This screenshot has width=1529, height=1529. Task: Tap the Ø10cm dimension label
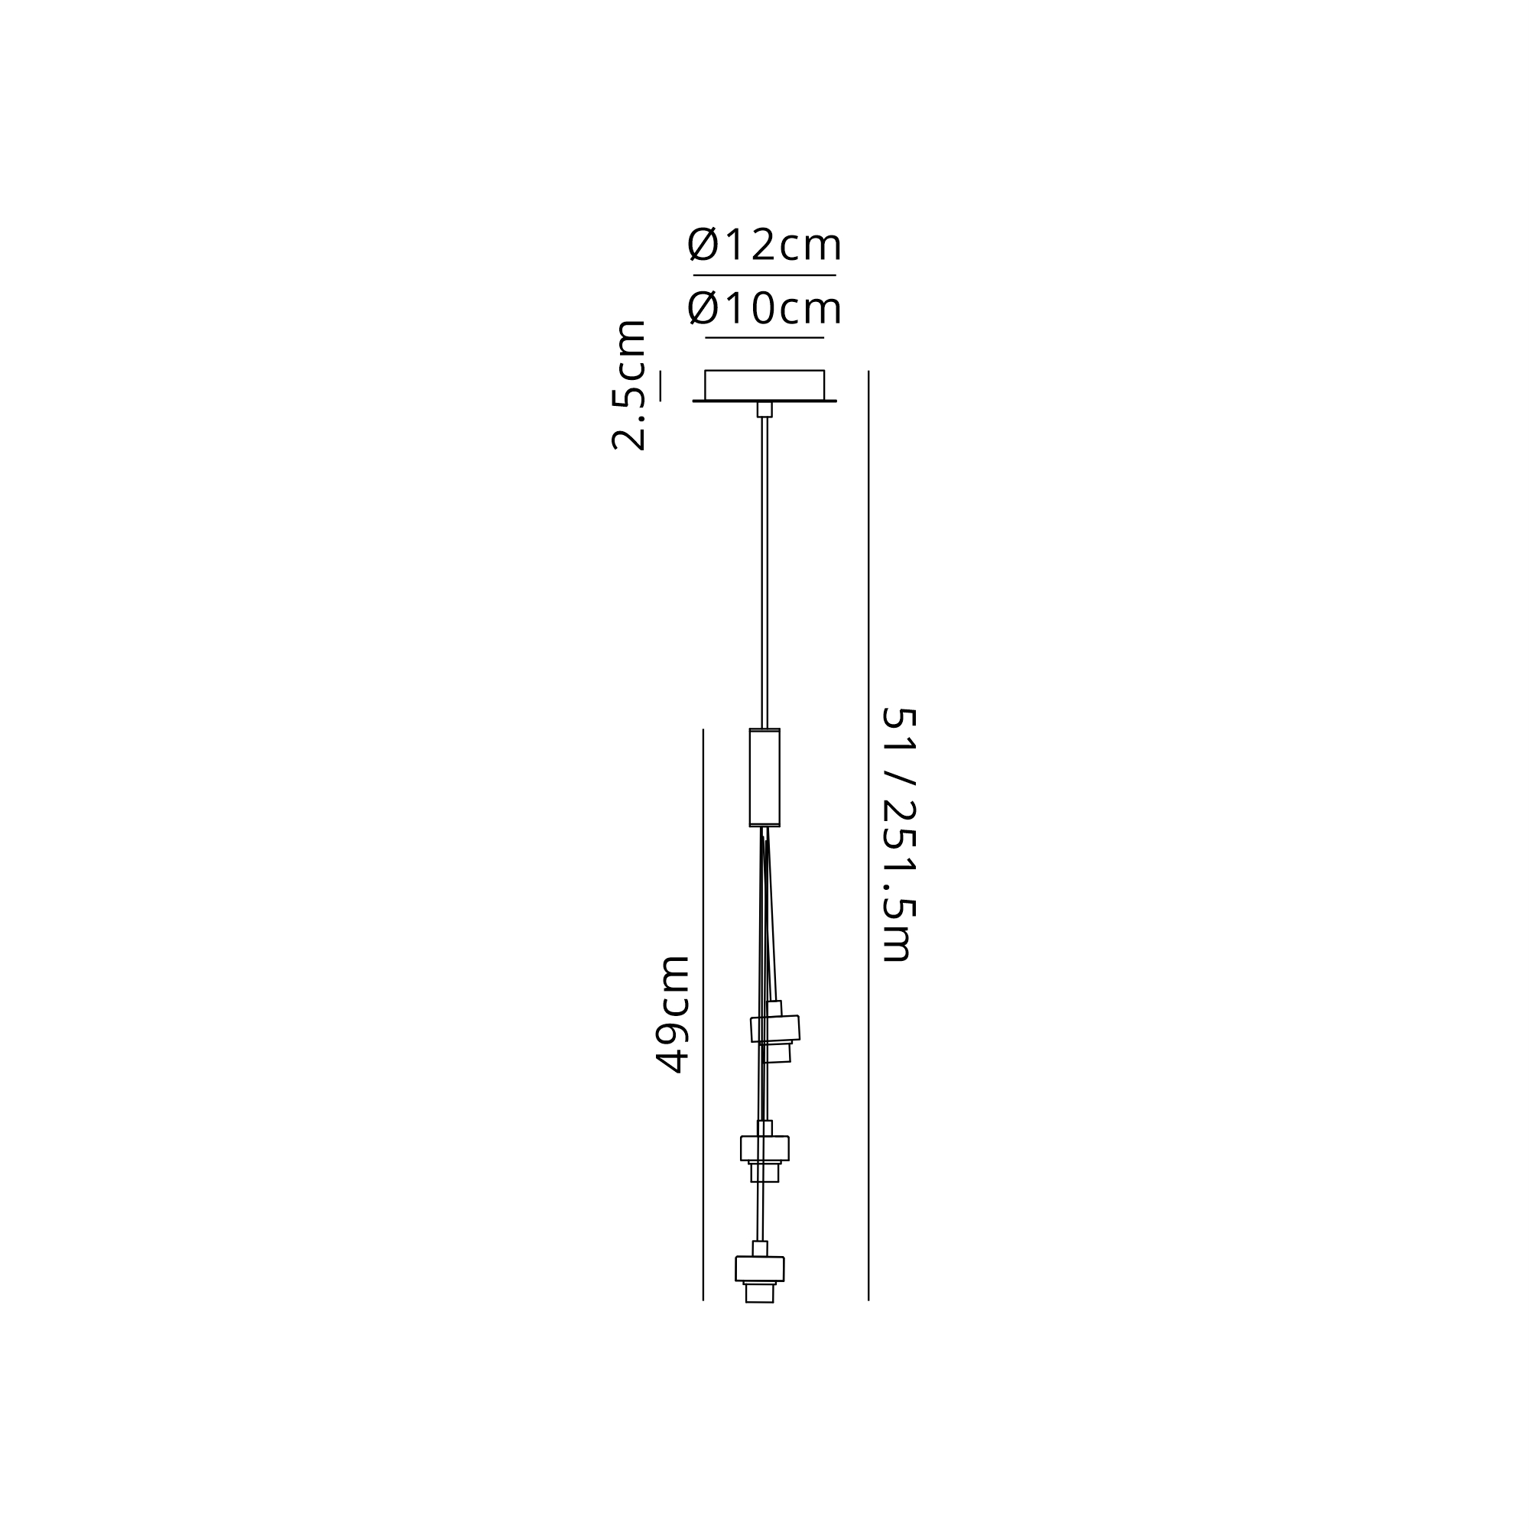(x=764, y=308)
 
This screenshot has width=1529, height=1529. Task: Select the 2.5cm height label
(x=630, y=385)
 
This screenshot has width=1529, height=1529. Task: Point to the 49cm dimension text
(x=673, y=1014)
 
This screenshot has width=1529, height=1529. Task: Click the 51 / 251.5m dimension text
(x=898, y=834)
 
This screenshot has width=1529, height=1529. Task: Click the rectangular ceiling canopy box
(x=764, y=385)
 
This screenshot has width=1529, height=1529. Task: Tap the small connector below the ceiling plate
(x=764, y=409)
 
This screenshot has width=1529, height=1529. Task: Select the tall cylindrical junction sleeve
(x=764, y=777)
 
